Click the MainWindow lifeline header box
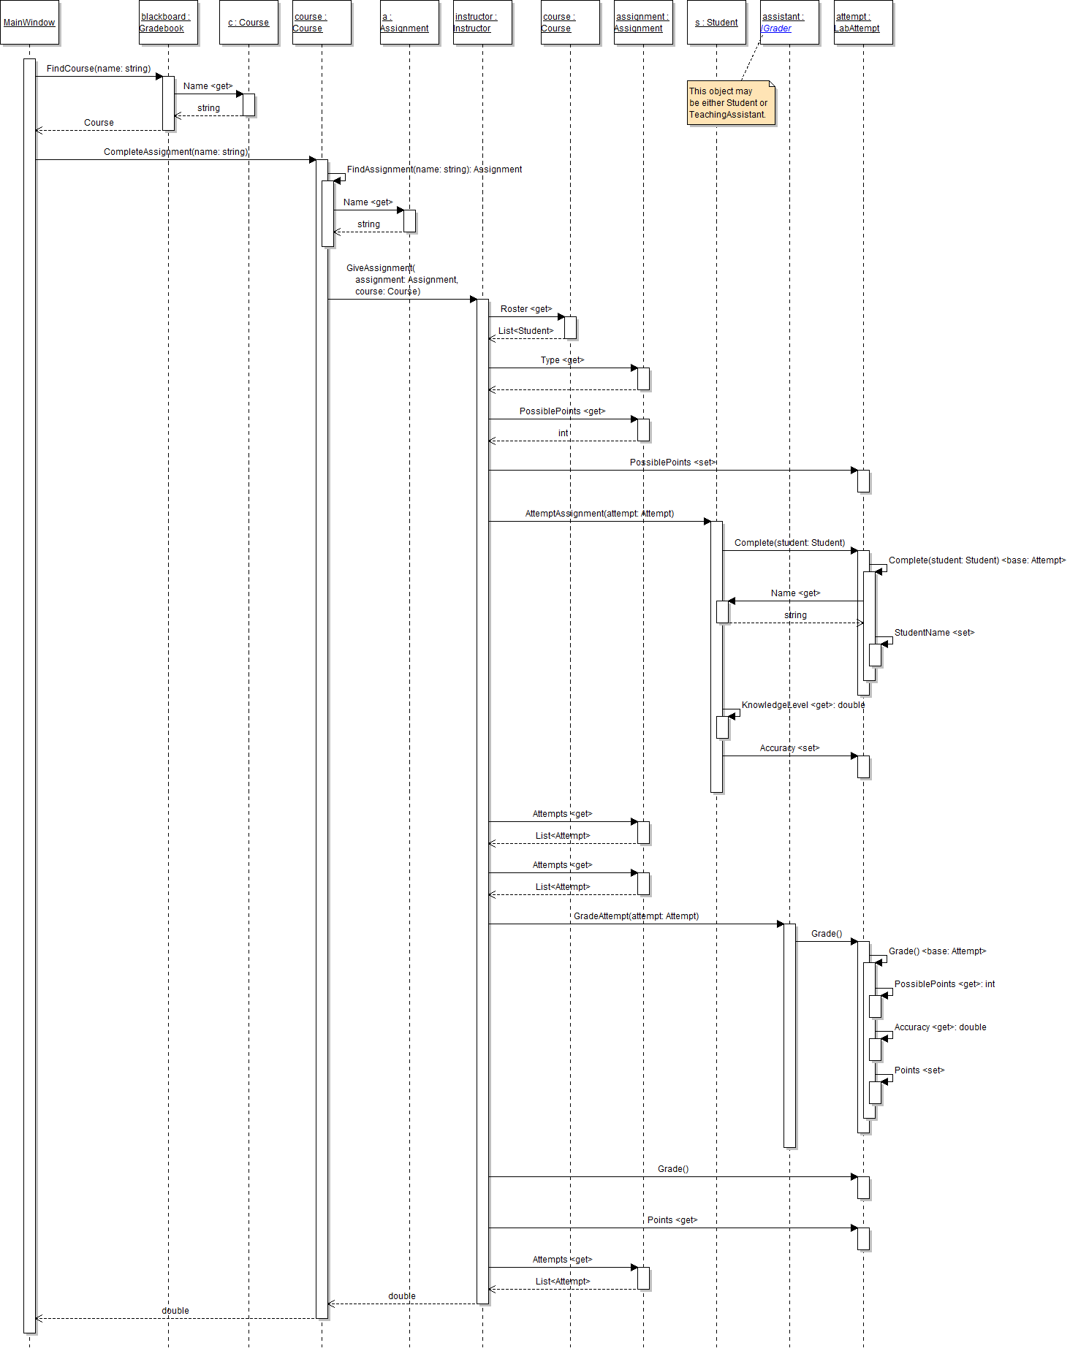click(x=29, y=23)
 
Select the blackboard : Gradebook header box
click(x=168, y=23)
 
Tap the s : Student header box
click(x=716, y=23)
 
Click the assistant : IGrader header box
click(x=789, y=23)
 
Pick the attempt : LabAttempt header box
click(x=863, y=23)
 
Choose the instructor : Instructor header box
click(x=482, y=23)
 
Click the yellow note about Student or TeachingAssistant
click(x=729, y=103)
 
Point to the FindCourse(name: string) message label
click(x=99, y=69)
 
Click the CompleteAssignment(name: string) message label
click(x=176, y=152)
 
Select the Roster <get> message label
click(x=526, y=309)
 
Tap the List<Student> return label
click(x=526, y=331)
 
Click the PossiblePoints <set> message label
click(x=672, y=463)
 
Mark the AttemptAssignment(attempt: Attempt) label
click(x=599, y=514)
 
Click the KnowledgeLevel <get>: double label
click(x=802, y=705)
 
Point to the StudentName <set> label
click(x=934, y=633)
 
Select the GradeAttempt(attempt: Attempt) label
click(x=636, y=916)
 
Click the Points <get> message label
click(x=672, y=1220)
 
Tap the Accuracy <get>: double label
click(x=940, y=1027)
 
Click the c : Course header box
click(x=248, y=23)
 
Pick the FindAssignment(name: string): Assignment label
click(x=434, y=170)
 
